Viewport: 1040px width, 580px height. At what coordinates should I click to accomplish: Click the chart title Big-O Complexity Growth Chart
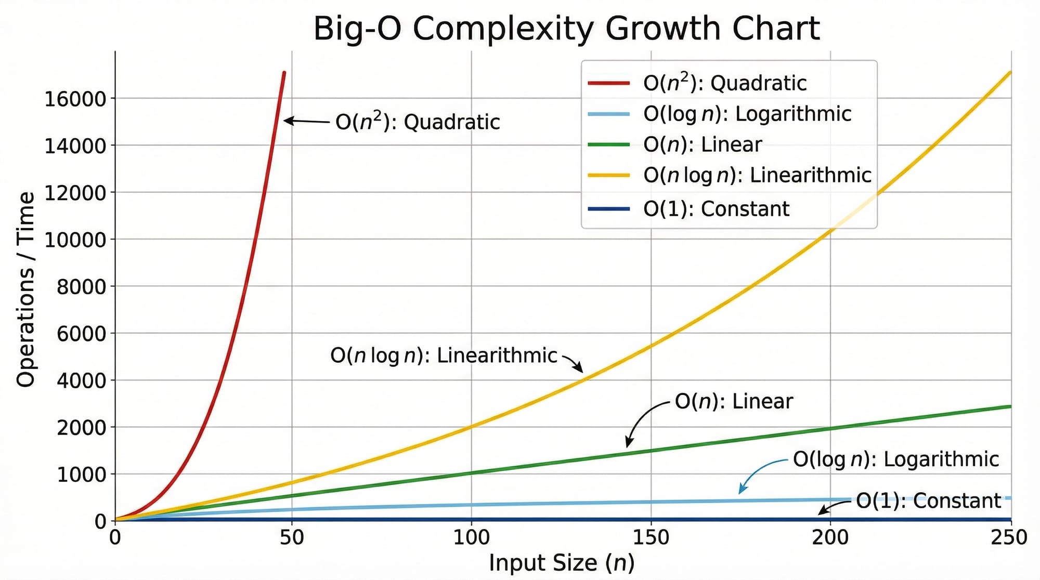(x=566, y=28)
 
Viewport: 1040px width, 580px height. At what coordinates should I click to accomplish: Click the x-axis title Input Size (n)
(x=562, y=563)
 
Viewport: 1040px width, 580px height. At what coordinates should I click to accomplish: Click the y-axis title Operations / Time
(x=26, y=289)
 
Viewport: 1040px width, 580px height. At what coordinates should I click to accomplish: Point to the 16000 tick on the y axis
(x=75, y=99)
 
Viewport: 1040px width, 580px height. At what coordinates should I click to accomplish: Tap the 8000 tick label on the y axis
(x=81, y=286)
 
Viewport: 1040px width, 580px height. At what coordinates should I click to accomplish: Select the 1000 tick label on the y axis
(x=81, y=474)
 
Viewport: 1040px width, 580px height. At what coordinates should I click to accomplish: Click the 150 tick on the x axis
(x=651, y=537)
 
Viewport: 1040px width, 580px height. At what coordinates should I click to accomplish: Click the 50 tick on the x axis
(x=291, y=537)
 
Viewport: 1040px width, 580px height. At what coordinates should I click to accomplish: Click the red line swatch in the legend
(x=608, y=83)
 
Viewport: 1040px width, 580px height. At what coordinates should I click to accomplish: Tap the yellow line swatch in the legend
(x=608, y=176)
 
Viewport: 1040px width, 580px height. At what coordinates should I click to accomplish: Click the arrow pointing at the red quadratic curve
(x=307, y=121)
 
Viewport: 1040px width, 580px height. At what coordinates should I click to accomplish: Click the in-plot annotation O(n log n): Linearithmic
(x=444, y=356)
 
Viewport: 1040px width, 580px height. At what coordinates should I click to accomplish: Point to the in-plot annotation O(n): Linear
(x=733, y=402)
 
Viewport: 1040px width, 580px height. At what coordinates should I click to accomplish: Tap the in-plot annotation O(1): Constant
(x=928, y=501)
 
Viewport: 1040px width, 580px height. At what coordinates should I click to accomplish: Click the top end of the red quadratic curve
(x=284, y=73)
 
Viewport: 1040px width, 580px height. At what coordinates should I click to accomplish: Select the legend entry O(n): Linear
(x=702, y=144)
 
